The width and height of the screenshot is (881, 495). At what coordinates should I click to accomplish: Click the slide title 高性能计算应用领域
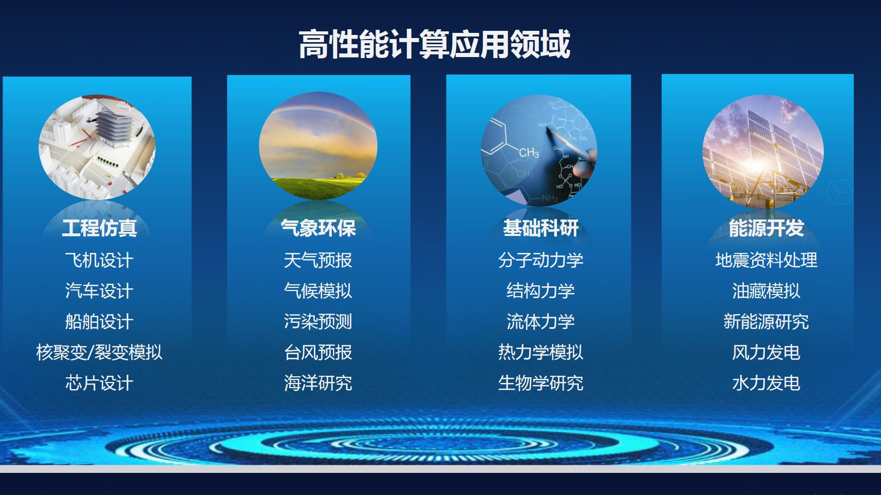(435, 44)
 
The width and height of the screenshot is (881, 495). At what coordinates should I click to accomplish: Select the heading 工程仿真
(99, 228)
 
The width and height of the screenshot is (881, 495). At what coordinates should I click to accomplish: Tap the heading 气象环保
(318, 228)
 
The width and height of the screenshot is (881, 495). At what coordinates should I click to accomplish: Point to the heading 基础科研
(540, 228)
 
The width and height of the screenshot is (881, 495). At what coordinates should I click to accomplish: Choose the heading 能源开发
(766, 228)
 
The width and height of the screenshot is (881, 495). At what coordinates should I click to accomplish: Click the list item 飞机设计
(99, 260)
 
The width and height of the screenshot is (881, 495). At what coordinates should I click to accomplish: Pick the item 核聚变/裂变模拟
(99, 353)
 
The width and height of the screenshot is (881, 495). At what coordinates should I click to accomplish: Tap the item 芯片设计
(99, 383)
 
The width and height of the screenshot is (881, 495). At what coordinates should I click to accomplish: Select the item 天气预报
(318, 260)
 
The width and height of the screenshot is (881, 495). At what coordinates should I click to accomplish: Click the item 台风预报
(318, 353)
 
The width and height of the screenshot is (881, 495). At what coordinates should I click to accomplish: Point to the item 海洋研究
(318, 383)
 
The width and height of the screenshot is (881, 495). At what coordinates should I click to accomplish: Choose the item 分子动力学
(540, 260)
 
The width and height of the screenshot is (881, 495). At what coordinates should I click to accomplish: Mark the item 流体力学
(540, 322)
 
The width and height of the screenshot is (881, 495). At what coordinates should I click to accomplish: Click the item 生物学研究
(540, 383)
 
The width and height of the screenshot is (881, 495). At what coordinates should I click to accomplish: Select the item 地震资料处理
(766, 260)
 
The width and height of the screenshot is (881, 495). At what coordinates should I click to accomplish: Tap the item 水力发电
(766, 383)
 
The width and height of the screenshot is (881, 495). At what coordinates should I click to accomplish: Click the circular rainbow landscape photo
(318, 146)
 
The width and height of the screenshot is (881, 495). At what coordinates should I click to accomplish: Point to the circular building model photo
(97, 147)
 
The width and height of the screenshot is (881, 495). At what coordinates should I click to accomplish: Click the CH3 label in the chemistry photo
(529, 153)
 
